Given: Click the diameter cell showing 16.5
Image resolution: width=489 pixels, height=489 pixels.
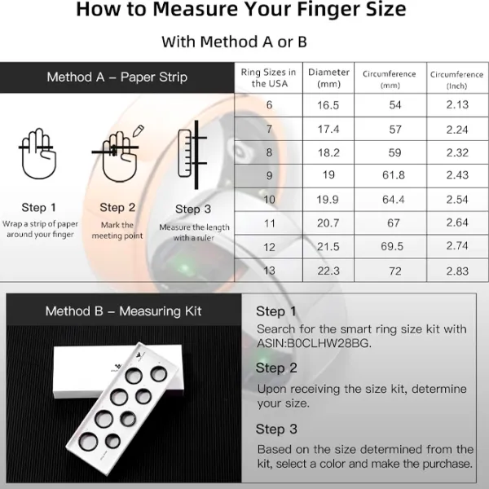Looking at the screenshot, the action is [328, 105].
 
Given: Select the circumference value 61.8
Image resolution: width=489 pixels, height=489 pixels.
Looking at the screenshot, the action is [394, 175].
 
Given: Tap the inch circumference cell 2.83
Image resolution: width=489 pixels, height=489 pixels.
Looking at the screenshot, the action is [457, 271].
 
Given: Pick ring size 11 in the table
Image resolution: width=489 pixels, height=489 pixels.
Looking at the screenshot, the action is [270, 223].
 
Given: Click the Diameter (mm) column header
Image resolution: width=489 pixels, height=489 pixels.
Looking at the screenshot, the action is [328, 78].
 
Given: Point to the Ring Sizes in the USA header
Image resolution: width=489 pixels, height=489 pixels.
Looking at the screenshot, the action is [268, 78].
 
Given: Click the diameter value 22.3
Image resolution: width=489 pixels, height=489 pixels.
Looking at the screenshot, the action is [328, 271].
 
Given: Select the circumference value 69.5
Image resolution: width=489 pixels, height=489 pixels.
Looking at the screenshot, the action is [392, 246].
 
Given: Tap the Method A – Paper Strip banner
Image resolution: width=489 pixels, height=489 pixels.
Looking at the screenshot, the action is [117, 77].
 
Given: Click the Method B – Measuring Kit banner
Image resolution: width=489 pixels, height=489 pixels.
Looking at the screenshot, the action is [124, 311].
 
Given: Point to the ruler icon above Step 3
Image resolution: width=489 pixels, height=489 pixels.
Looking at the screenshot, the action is [185, 153].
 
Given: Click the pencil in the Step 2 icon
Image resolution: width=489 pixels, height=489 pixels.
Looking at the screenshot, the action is [139, 130].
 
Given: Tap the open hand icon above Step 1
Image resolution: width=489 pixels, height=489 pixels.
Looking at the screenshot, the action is [38, 153].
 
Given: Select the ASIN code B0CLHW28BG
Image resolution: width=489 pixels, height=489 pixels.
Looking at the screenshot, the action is [328, 343].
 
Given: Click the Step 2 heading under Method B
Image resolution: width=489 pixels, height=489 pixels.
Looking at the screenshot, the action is [276, 368].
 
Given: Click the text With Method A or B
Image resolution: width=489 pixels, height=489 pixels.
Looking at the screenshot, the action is [234, 42].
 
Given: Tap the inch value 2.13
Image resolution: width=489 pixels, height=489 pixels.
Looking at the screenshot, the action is [457, 104].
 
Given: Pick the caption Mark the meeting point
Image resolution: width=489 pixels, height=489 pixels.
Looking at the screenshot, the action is [117, 230].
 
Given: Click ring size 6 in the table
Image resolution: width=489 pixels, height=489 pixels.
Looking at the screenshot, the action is [270, 105].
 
